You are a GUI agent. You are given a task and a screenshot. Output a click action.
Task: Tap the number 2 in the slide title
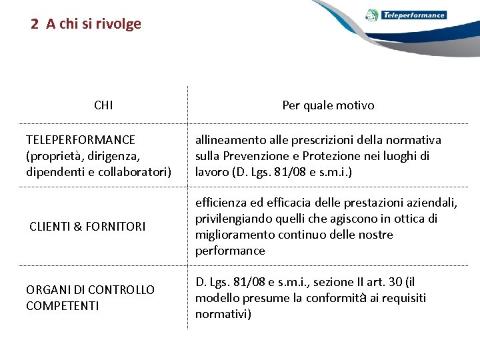[x=35, y=24]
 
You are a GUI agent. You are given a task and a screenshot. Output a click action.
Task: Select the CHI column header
[x=103, y=105]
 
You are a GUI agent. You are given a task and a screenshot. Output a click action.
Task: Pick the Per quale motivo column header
[x=328, y=105]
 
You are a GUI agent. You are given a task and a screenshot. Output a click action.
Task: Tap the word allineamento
[x=230, y=140]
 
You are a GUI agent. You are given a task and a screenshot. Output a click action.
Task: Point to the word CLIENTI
[x=49, y=227]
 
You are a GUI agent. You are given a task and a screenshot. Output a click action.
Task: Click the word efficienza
[x=220, y=203]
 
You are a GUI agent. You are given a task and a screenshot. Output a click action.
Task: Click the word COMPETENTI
[x=62, y=306]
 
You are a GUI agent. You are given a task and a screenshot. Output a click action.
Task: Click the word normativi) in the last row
[x=223, y=314]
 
